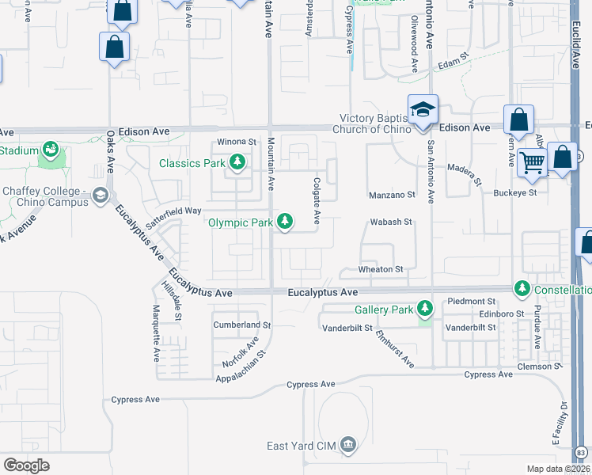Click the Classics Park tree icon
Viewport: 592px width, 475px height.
click(x=237, y=164)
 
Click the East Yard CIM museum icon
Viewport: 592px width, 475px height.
click(x=347, y=446)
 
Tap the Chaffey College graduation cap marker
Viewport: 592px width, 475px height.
click(x=101, y=195)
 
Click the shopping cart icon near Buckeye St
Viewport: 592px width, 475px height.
click(x=532, y=162)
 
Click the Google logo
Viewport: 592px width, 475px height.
click(x=26, y=465)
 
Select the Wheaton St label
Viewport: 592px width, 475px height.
click(x=383, y=269)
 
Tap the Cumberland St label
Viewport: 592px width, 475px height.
click(x=242, y=325)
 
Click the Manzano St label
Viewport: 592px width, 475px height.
click(x=392, y=195)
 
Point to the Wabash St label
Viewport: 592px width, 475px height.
click(x=392, y=222)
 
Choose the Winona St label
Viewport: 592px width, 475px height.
click(x=237, y=142)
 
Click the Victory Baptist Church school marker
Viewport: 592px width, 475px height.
click(x=423, y=109)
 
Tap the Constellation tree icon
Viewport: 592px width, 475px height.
click(x=522, y=289)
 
